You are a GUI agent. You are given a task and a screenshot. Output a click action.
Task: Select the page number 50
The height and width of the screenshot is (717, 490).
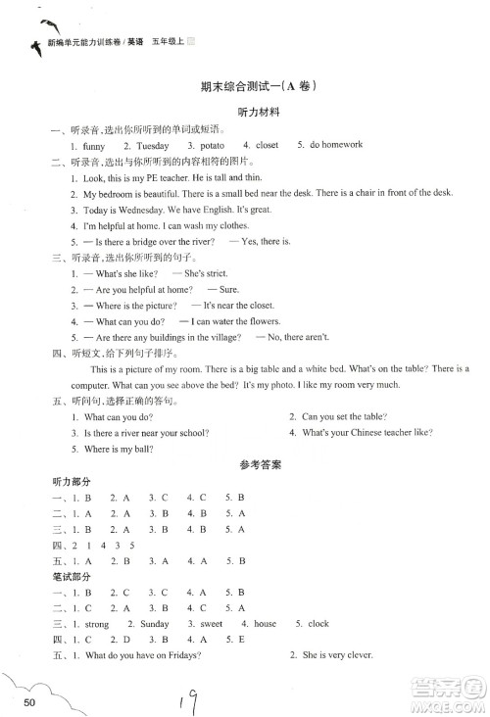pos(31,702)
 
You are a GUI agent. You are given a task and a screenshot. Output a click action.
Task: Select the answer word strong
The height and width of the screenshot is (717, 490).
pos(97,624)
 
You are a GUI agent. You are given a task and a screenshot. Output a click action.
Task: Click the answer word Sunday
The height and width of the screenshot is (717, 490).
pos(155,624)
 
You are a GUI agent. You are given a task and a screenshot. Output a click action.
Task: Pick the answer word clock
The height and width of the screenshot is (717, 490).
pos(318,624)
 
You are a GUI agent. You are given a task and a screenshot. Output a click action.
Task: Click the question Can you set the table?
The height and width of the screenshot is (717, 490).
pos(349,416)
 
